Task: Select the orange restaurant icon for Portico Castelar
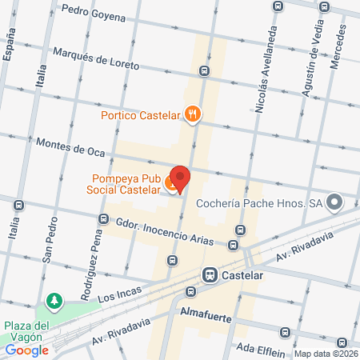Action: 191,114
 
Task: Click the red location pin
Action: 181,179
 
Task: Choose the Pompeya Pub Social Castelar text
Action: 122,185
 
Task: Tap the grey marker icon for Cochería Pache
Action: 334,203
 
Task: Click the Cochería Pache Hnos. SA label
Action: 261,204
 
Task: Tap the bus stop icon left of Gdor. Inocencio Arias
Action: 102,218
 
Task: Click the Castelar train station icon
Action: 210,274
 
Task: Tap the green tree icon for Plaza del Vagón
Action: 54,301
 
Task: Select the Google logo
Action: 26,349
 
